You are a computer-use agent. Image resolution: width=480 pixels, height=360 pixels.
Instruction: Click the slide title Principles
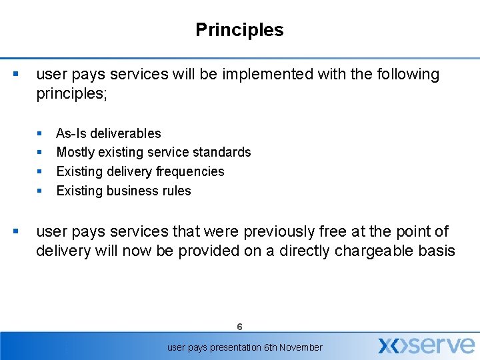[239, 30]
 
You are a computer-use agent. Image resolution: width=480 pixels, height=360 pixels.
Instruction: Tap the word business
[130, 191]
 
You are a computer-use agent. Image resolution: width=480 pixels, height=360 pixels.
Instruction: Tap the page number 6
[239, 327]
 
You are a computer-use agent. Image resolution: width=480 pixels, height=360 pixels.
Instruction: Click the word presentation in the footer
[224, 347]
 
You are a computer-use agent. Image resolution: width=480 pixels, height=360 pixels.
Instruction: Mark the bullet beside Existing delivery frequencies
[40, 171]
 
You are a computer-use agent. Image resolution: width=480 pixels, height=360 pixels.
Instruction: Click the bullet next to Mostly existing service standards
[40, 152]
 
